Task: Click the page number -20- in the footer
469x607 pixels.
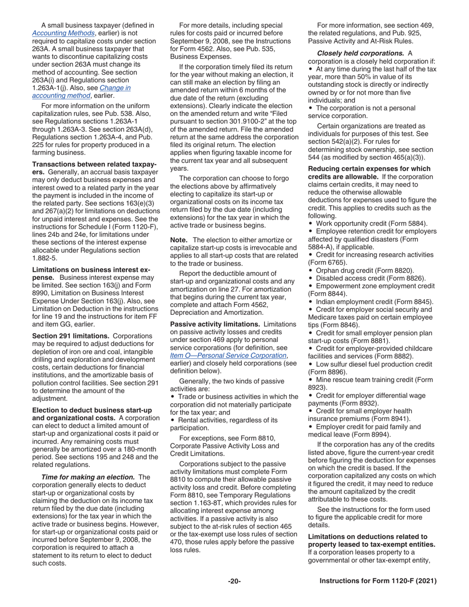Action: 234,581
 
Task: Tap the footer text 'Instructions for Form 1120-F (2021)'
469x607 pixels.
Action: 378,581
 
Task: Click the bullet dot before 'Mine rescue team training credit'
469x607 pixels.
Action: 310,379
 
